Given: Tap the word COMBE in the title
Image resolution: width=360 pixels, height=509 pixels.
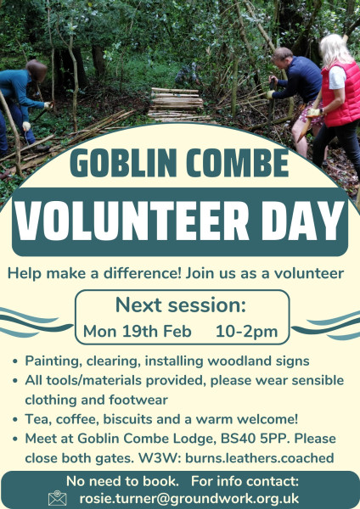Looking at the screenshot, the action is (x=237, y=163).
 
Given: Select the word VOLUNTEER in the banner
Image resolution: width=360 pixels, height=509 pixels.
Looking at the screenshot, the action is (x=132, y=221).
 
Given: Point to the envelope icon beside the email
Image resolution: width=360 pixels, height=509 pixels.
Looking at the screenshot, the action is (x=58, y=498).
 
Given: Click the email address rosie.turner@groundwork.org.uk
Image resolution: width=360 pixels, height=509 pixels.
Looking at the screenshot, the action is (x=189, y=499).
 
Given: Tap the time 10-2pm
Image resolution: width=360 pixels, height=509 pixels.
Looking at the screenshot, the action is (x=246, y=332).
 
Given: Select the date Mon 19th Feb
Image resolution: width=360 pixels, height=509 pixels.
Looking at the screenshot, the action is (x=137, y=332).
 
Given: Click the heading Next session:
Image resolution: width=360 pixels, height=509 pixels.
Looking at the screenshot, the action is (x=181, y=305).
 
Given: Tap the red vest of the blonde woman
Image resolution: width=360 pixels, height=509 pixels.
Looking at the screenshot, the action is (x=340, y=94).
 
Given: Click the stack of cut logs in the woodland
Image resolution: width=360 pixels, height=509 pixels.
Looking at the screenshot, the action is (x=177, y=103).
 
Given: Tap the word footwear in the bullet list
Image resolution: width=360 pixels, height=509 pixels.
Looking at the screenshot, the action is (x=138, y=400).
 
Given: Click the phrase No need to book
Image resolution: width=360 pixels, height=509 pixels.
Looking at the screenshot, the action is (x=122, y=481).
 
